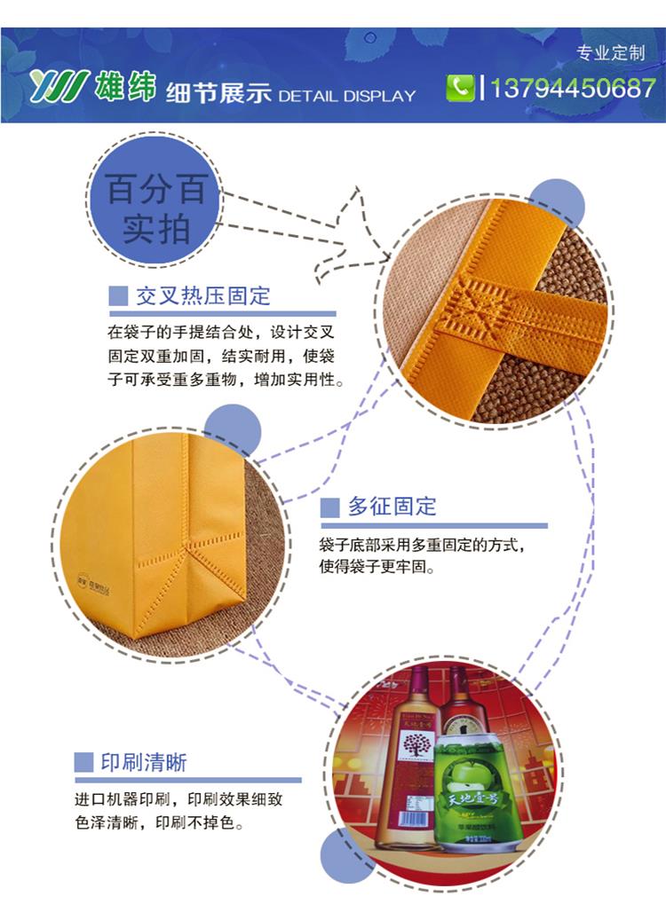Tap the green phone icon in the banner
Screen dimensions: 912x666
pos(460,88)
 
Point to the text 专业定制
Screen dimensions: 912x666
pos(610,53)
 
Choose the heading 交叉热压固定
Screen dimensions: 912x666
pos(203,296)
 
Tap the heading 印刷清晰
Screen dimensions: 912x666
pos(144,762)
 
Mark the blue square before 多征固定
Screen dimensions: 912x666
pos(329,507)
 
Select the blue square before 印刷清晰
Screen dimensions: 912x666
pos(83,762)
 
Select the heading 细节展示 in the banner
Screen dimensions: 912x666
pos(218,92)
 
